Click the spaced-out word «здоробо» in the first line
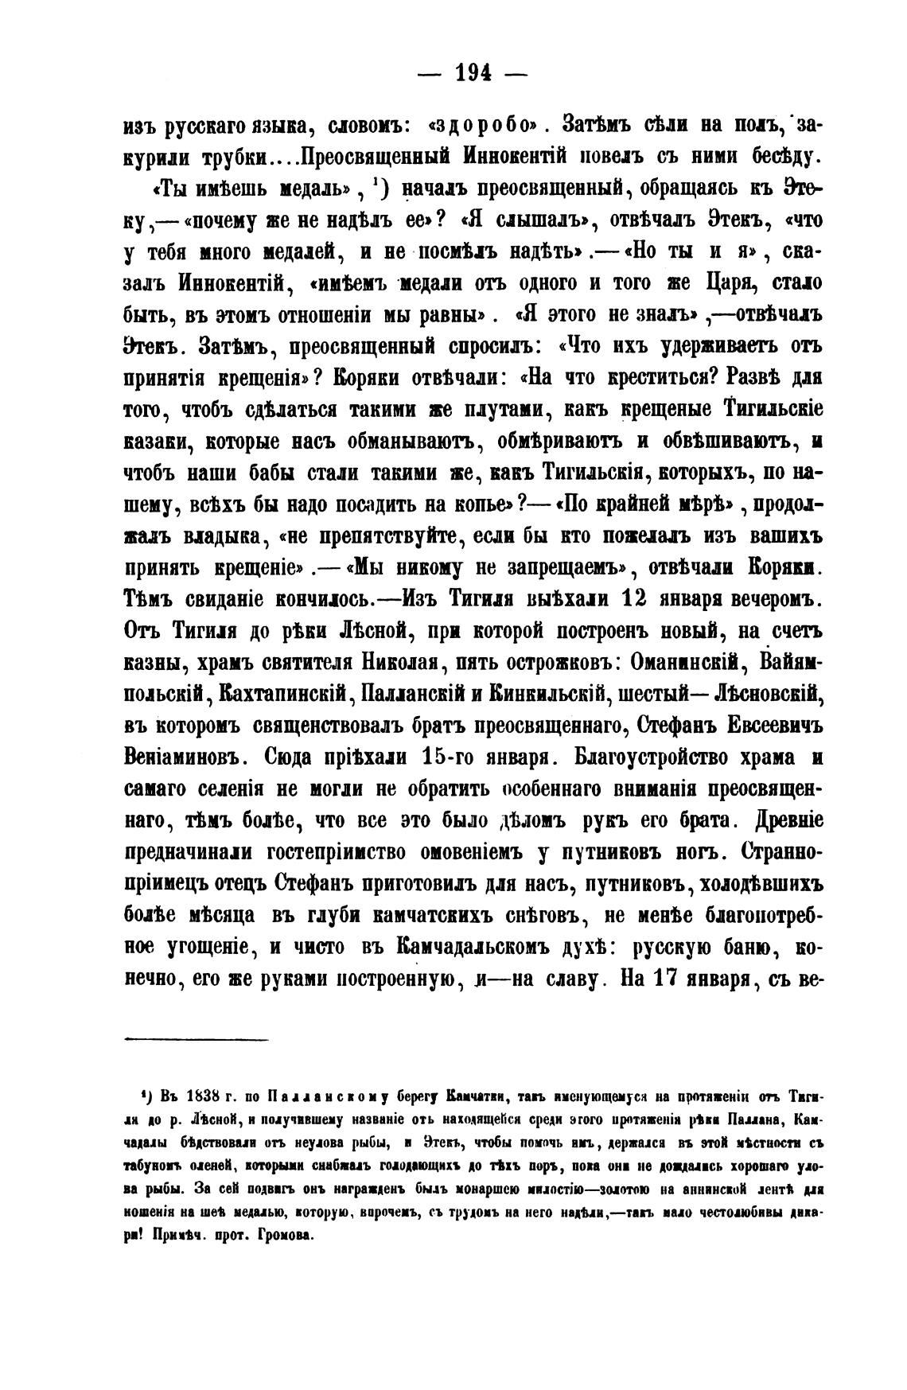[x=485, y=126]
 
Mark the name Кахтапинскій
[x=282, y=693]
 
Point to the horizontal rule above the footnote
[x=197, y=1039]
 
